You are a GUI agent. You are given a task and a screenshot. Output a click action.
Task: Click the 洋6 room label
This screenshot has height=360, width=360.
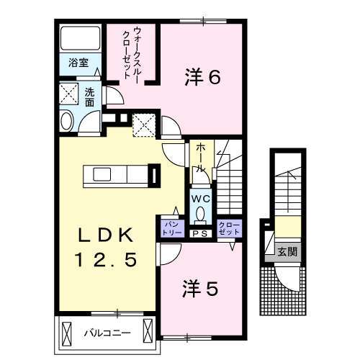click(x=202, y=78)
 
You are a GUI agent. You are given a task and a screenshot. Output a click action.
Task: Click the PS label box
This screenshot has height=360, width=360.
click(x=201, y=233)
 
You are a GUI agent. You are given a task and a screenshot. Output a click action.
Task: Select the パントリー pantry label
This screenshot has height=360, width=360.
click(x=171, y=229)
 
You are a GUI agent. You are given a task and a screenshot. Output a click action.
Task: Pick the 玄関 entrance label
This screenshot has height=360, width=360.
click(x=287, y=252)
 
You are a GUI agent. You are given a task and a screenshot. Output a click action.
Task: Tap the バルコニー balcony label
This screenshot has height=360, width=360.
click(x=105, y=333)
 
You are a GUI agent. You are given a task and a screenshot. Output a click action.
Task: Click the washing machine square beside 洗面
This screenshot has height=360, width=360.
click(x=70, y=94)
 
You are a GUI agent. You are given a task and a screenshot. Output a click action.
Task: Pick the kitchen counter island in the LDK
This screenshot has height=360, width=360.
click(x=115, y=175)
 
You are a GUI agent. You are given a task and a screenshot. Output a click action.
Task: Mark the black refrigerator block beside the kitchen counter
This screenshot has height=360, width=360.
click(x=152, y=175)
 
